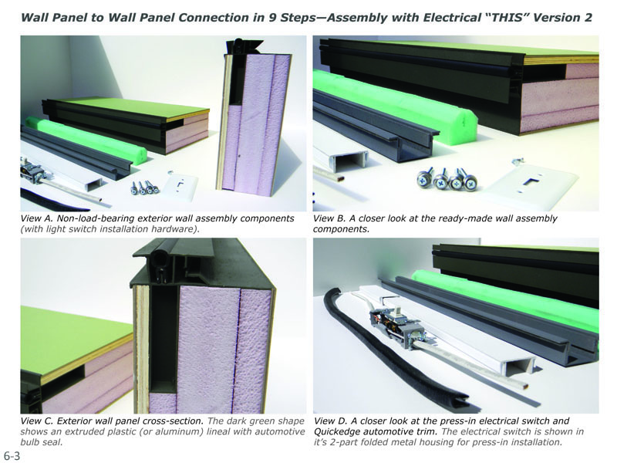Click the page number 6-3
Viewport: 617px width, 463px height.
pos(12,455)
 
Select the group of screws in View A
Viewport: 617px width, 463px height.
pos(145,188)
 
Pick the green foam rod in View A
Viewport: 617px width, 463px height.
pos(86,138)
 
